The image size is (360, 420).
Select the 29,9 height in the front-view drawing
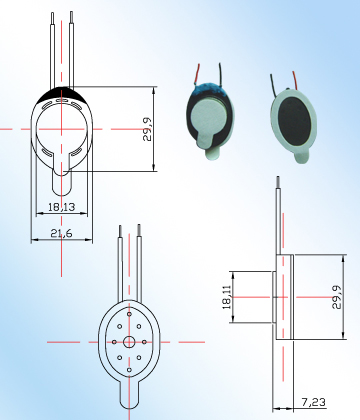point(147,129)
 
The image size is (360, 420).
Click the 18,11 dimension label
point(225,297)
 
